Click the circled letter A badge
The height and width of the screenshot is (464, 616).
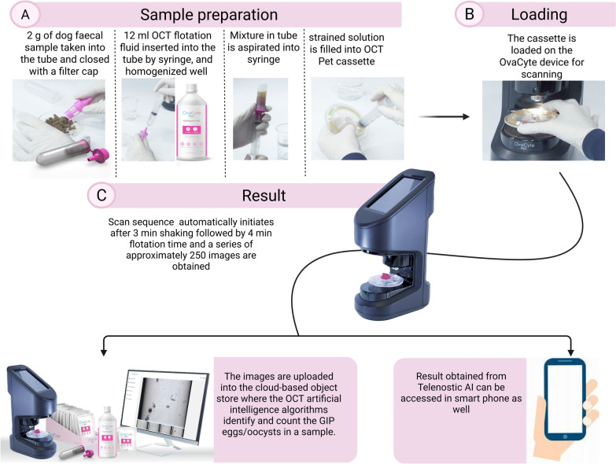click(x=25, y=14)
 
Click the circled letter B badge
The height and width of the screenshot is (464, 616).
click(x=469, y=14)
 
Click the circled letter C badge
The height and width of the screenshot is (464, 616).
click(x=101, y=195)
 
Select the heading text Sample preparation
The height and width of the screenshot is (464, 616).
click(x=208, y=15)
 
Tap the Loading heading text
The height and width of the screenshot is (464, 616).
click(x=539, y=14)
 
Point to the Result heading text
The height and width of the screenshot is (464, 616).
click(x=264, y=196)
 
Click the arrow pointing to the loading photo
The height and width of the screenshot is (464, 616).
click(x=444, y=116)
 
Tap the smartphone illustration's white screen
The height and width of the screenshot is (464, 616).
click(x=565, y=398)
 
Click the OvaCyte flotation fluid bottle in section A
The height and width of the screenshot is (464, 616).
click(x=191, y=123)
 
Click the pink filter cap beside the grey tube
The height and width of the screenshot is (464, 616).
click(x=98, y=155)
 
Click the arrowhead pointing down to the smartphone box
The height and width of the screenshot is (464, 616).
click(x=571, y=352)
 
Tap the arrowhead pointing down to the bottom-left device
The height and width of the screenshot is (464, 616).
click(x=103, y=352)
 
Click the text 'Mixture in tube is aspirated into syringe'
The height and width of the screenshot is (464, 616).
click(x=264, y=47)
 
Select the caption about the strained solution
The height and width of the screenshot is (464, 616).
click(x=346, y=49)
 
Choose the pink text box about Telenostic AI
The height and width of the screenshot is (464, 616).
click(x=460, y=411)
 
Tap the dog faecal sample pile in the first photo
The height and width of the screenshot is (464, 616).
click(x=61, y=122)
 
